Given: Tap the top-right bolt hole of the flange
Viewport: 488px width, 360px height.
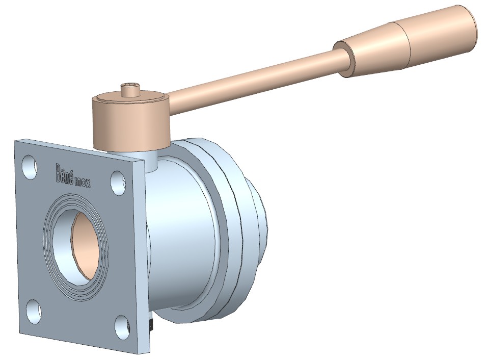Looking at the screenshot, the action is point(118,184).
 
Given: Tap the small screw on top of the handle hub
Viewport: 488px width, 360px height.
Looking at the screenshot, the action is point(131,89).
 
